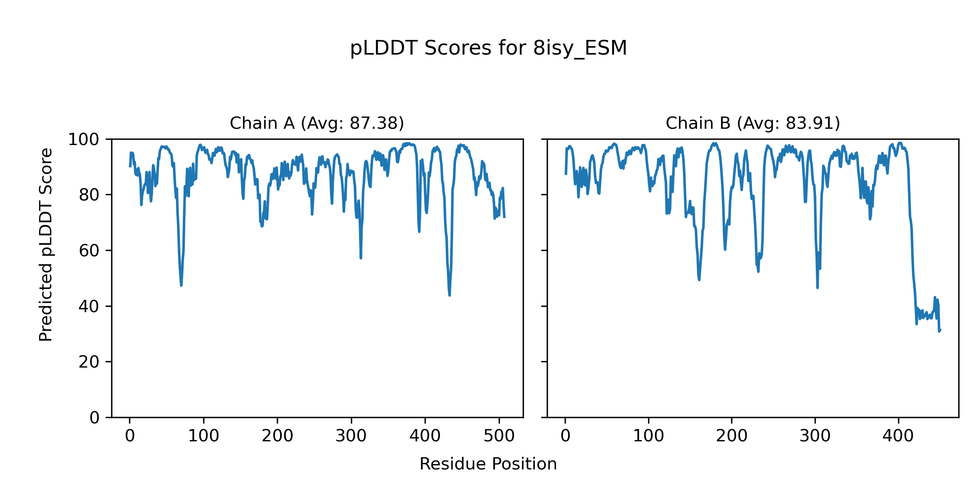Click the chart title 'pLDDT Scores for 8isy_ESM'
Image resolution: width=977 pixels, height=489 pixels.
[x=488, y=48]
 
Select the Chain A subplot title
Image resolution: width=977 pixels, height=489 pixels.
[x=317, y=123]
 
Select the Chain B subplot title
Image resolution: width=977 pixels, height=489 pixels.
[x=753, y=123]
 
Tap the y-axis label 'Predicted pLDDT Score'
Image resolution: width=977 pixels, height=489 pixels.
[x=46, y=244]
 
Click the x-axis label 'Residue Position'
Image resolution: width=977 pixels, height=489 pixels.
[x=488, y=464]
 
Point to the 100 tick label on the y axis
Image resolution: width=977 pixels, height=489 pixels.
[x=83, y=140]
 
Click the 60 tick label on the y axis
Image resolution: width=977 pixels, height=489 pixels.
[x=89, y=251]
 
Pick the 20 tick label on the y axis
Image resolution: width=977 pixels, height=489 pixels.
[x=89, y=362]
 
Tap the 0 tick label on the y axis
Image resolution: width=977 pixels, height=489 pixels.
[x=94, y=418]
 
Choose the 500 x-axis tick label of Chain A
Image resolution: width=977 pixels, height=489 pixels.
[x=499, y=436]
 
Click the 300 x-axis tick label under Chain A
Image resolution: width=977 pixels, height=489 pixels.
[x=351, y=436]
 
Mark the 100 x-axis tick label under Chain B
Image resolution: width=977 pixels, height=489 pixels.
[x=648, y=436]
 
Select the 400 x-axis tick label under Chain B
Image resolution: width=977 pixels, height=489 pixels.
[x=898, y=436]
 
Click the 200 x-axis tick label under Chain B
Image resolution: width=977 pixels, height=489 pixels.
[x=732, y=436]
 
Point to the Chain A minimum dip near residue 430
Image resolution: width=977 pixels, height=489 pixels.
[x=449, y=295]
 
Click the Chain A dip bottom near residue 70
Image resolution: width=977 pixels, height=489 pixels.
[x=181, y=285]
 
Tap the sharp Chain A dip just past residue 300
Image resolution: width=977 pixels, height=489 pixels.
[x=361, y=258]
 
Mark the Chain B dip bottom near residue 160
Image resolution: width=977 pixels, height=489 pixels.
[x=699, y=280]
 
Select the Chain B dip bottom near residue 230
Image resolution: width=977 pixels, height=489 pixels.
[x=758, y=272]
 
